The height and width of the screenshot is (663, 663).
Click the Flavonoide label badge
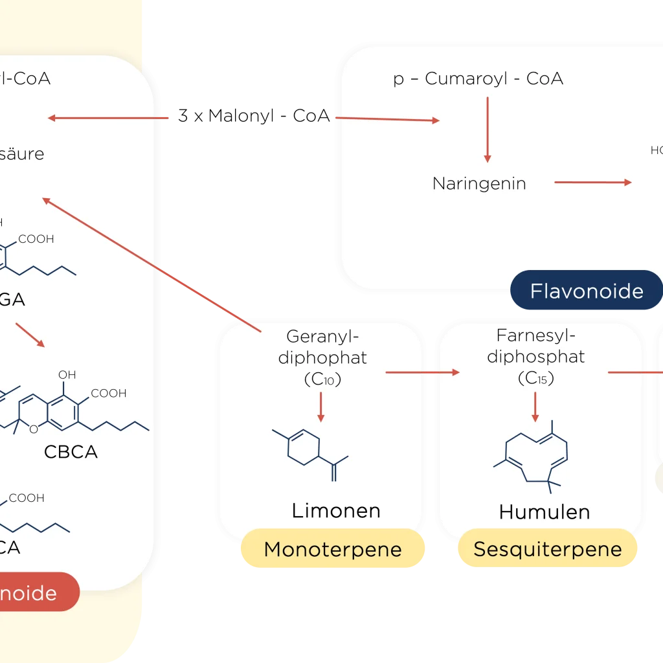[587, 291]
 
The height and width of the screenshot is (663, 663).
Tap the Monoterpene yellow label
[333, 550]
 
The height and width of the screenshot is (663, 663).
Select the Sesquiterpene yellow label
[547, 550]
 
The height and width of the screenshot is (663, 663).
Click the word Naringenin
[479, 183]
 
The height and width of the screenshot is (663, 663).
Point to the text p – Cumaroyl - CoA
[478, 79]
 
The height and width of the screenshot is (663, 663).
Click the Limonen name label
[335, 510]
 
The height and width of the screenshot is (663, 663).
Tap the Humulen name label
[545, 511]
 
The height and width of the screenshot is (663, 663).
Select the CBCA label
[71, 451]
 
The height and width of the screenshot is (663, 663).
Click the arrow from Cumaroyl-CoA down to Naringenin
[488, 129]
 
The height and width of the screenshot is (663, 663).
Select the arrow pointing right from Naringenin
[592, 183]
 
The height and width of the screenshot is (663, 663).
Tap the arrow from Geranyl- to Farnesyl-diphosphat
[422, 372]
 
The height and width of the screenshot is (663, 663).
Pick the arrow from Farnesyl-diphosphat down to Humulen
[535, 406]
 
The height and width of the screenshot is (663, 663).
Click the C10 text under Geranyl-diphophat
[322, 380]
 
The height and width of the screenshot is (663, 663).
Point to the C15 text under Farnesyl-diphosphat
[536, 379]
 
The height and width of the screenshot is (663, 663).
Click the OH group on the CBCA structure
[67, 375]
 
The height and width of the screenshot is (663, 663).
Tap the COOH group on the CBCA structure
[108, 393]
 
